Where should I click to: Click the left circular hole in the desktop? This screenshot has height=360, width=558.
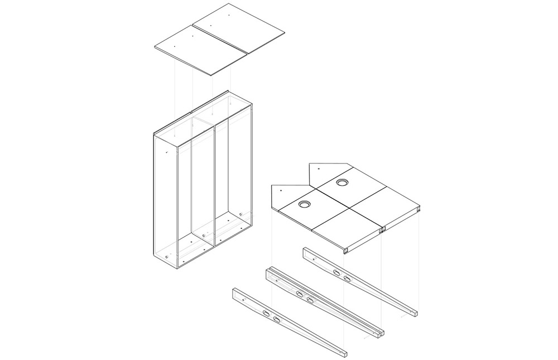pyautogui.click(x=305, y=205)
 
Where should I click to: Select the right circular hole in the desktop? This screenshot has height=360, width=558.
pyautogui.click(x=342, y=183)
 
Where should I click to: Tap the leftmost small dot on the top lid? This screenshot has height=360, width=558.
pyautogui.click(x=174, y=46)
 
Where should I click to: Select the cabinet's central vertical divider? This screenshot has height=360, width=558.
pyautogui.click(x=215, y=184)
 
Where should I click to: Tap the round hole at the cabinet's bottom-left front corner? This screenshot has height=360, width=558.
pyautogui.click(x=167, y=256)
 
